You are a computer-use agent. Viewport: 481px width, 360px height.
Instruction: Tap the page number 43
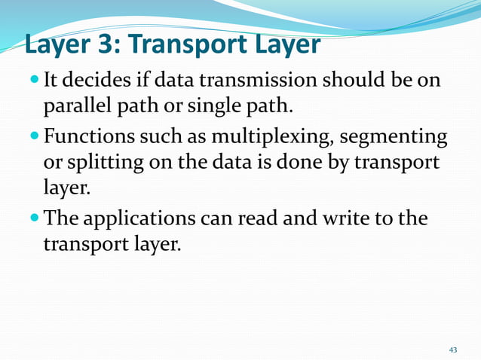pos(453,350)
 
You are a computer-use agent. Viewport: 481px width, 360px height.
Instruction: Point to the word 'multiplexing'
pos(263,138)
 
